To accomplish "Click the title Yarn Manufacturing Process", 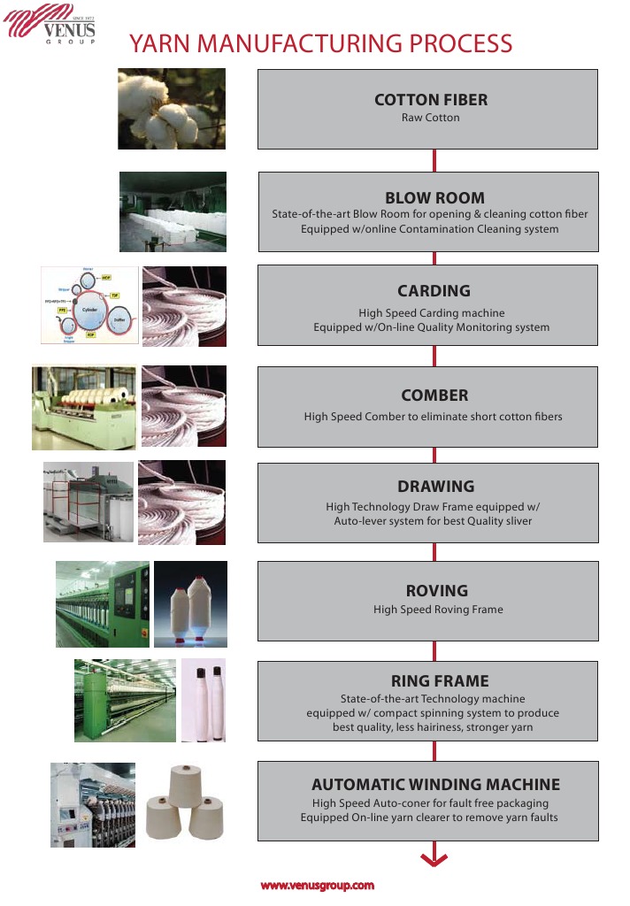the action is (320, 43).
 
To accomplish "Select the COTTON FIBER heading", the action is (431, 100).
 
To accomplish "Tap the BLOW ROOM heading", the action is (434, 198).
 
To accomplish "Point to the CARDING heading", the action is (434, 291).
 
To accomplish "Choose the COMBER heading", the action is (434, 395).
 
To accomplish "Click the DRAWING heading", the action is (435, 487).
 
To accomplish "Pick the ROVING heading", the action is (436, 591).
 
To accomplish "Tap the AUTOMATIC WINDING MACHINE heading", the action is (435, 785).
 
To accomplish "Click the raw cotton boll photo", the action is (172, 109).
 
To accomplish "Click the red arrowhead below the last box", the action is (434, 857).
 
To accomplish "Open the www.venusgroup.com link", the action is (317, 885).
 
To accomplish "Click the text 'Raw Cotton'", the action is (431, 118).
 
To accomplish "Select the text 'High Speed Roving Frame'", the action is (438, 610).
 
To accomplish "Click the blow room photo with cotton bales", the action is (173, 211).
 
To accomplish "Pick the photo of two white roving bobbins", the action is (190, 604).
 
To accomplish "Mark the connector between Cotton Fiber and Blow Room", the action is (434, 160).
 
